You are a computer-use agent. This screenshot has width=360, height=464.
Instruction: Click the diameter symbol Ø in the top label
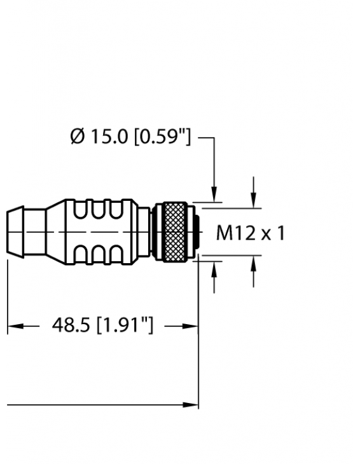tap(76, 137)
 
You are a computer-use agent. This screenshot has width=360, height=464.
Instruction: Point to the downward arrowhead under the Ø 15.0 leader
tap(215, 193)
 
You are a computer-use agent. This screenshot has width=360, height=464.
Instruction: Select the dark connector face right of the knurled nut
tap(196, 233)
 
